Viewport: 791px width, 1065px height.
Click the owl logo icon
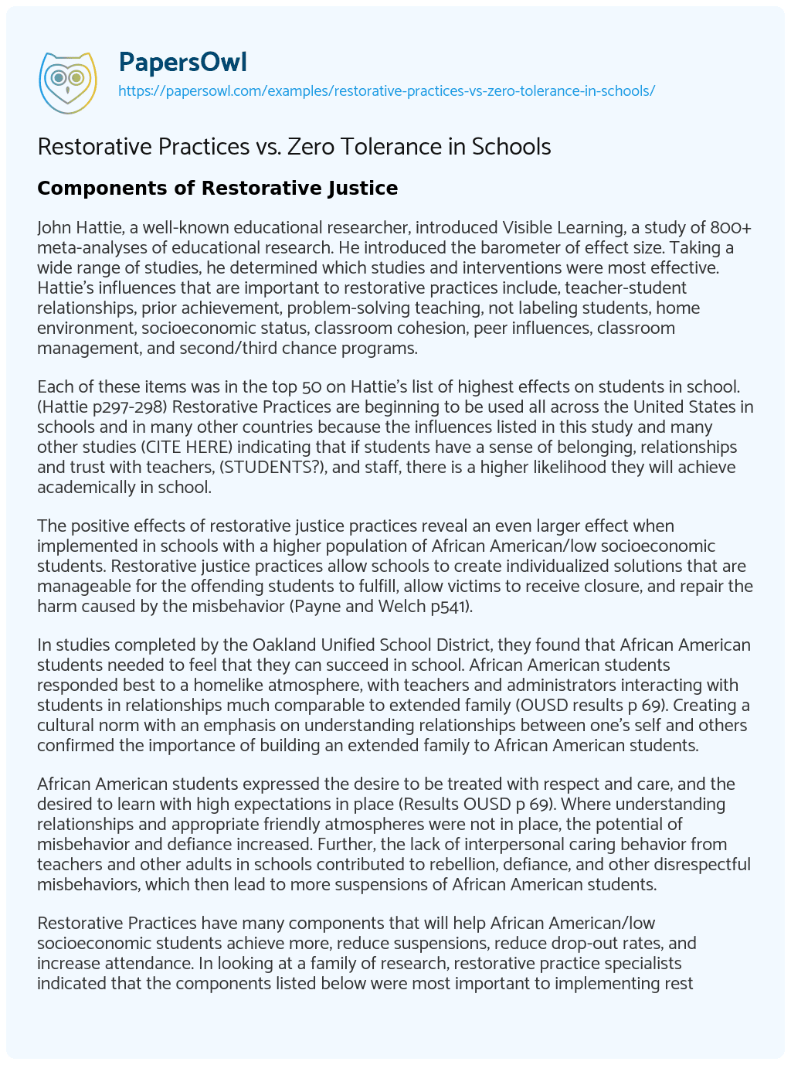(68, 79)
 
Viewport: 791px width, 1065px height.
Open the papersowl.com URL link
(386, 90)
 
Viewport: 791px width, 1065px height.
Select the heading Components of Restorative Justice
(217, 188)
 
